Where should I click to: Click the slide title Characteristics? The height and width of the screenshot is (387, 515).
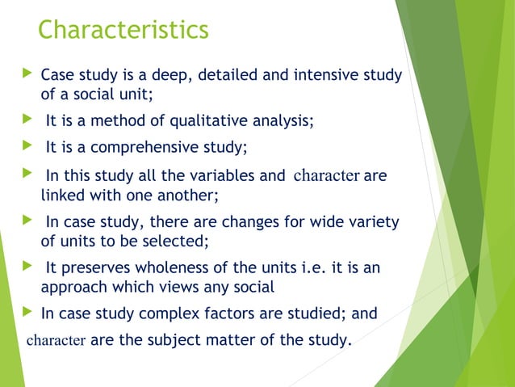pos(123,30)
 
